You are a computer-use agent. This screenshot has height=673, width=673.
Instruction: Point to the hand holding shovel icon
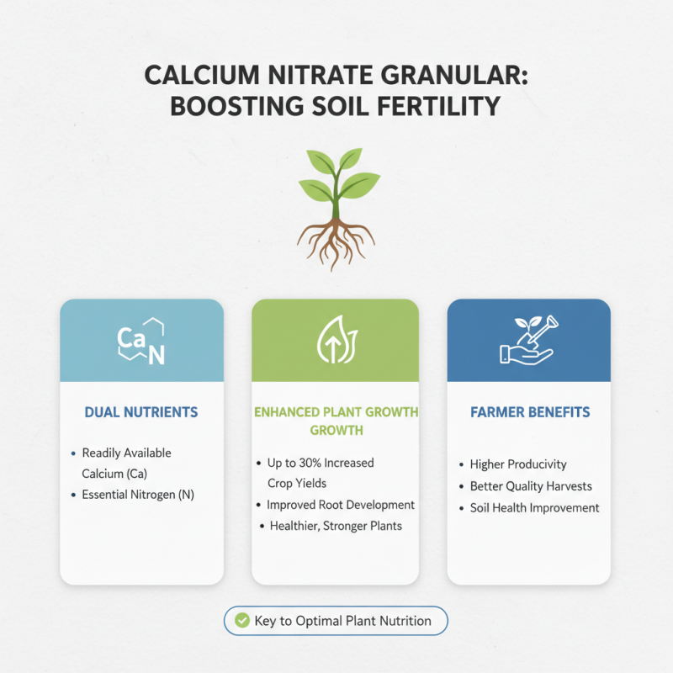[x=527, y=341]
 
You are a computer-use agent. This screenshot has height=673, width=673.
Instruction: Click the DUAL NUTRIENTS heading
[x=141, y=412]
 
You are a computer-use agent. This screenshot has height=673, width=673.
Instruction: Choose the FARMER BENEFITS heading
[x=529, y=412]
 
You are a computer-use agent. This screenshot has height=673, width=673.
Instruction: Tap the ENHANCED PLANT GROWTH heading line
[x=335, y=412]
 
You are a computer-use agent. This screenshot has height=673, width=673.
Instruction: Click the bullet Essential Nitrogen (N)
[x=138, y=495]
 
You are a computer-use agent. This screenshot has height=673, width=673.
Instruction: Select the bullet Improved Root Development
[x=341, y=505]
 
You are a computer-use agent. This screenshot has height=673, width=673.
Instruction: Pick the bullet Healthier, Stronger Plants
[x=336, y=526]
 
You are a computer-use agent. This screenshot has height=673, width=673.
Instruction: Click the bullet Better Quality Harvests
[x=531, y=486]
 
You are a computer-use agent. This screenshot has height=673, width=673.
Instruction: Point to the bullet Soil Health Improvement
[x=534, y=507]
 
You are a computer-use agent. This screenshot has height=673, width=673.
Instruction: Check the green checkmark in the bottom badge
[x=242, y=621]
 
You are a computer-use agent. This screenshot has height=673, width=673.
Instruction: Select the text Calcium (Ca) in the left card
[x=115, y=474]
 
